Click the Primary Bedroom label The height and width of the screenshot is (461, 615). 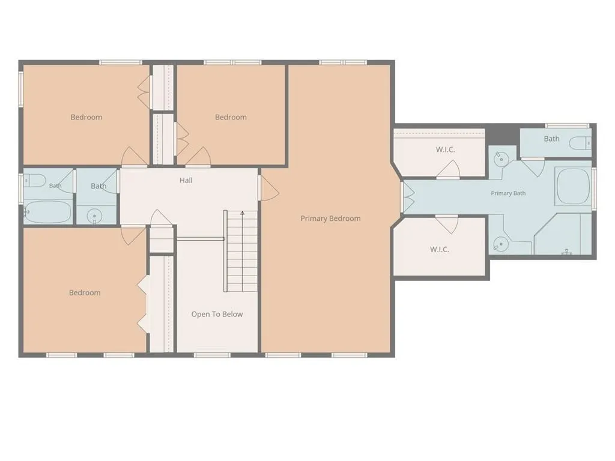pyautogui.click(x=330, y=218)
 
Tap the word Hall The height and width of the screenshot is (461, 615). pyautogui.click(x=186, y=180)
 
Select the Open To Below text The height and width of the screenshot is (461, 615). pyautogui.click(x=217, y=314)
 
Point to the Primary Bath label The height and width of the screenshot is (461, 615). pyautogui.click(x=508, y=193)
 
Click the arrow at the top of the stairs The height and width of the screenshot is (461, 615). pyautogui.click(x=243, y=213)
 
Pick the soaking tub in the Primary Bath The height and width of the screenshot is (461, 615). pyautogui.click(x=573, y=186)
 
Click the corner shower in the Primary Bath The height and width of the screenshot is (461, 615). pyautogui.click(x=563, y=234)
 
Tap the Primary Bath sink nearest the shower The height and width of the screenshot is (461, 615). pyautogui.click(x=501, y=244)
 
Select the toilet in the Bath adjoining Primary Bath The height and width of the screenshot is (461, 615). pyautogui.click(x=580, y=143)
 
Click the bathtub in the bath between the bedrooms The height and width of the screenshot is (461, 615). pyautogui.click(x=47, y=212)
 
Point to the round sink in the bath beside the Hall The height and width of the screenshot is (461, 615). pyautogui.click(x=94, y=216)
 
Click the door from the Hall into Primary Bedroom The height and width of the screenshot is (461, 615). pyautogui.click(x=268, y=187)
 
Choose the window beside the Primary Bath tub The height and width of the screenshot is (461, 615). pyautogui.click(x=594, y=187)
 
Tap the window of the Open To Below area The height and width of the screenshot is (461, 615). pyautogui.click(x=212, y=355)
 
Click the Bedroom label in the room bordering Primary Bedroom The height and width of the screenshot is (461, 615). pyautogui.click(x=231, y=117)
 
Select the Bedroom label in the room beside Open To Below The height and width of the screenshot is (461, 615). pyautogui.click(x=85, y=293)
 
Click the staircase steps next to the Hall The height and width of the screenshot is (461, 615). pyautogui.click(x=241, y=252)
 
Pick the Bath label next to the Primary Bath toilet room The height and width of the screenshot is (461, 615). pyautogui.click(x=551, y=139)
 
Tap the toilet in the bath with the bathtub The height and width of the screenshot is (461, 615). pyautogui.click(x=35, y=180)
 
